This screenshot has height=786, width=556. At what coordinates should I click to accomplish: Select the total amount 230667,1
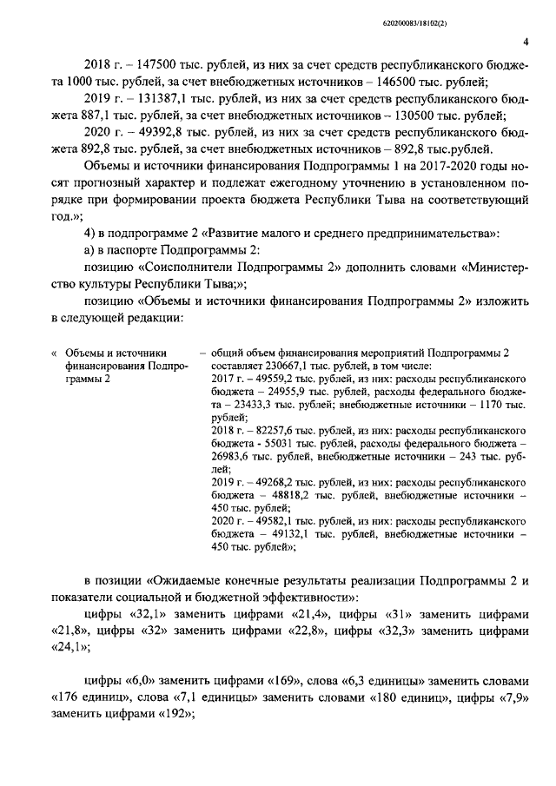277,367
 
